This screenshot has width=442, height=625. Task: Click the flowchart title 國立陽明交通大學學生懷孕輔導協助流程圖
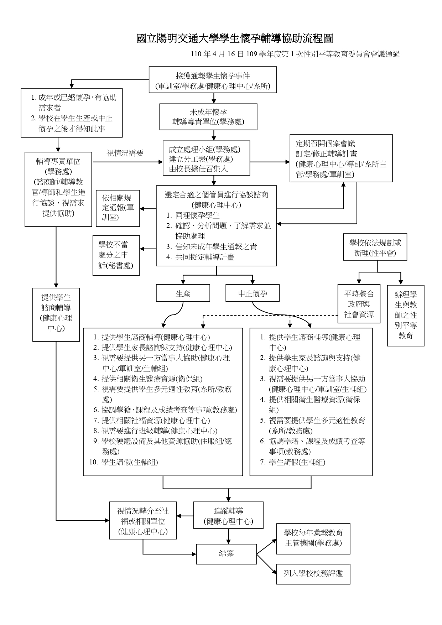click(x=234, y=38)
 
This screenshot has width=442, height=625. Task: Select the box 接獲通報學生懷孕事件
click(x=213, y=80)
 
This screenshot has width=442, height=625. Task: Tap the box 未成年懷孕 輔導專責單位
click(x=208, y=117)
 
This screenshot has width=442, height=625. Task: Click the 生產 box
click(x=183, y=293)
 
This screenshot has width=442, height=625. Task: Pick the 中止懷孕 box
click(x=253, y=293)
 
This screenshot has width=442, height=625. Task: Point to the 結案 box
click(x=227, y=554)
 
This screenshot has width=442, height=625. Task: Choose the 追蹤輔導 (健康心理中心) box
click(x=228, y=516)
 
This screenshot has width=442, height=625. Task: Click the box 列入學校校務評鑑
click(x=313, y=574)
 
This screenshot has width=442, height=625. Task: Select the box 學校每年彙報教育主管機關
click(x=313, y=538)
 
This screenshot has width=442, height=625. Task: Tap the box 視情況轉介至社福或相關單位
click(x=143, y=521)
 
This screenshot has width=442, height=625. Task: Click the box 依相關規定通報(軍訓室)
click(x=118, y=208)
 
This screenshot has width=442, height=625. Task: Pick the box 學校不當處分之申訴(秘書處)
click(x=116, y=255)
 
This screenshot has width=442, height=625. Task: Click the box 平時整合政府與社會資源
click(x=359, y=304)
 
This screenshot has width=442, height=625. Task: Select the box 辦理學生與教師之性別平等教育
click(x=406, y=315)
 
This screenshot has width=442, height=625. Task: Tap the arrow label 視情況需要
click(x=125, y=153)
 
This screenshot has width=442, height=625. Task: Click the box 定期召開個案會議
click(x=341, y=158)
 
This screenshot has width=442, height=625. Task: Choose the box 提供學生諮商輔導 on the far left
click(x=56, y=314)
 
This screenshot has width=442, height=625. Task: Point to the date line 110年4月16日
click(x=295, y=54)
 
